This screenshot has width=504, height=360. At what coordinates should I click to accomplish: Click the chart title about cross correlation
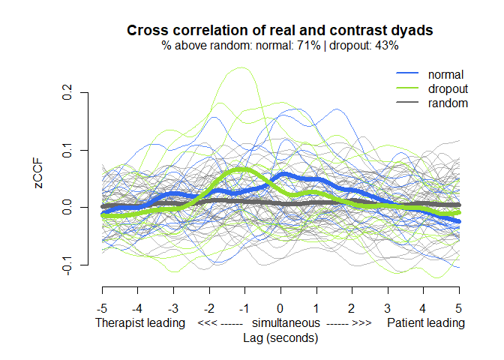click(280, 31)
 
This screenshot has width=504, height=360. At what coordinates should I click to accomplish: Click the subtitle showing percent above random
click(280, 46)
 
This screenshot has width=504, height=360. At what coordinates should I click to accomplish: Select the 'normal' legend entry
click(445, 74)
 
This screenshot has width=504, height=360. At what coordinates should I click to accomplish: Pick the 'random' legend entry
click(448, 103)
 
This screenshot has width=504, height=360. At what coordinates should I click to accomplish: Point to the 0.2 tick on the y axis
click(67, 92)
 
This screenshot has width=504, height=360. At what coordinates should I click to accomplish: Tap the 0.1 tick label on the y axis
click(67, 151)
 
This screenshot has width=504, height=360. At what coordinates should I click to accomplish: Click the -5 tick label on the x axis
click(102, 308)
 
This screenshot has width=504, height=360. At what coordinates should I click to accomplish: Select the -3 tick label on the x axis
click(173, 308)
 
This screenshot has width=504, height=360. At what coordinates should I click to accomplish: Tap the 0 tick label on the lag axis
click(280, 308)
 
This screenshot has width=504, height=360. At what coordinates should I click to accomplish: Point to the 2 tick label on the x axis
click(352, 308)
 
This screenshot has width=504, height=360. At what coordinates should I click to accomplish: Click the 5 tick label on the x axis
click(459, 308)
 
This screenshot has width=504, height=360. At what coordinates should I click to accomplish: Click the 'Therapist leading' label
click(140, 323)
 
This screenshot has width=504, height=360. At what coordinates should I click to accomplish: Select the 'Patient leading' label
click(425, 323)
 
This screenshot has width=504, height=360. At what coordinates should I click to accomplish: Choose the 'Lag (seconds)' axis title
click(280, 338)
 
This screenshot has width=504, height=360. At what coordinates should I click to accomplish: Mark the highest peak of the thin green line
click(241, 67)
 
